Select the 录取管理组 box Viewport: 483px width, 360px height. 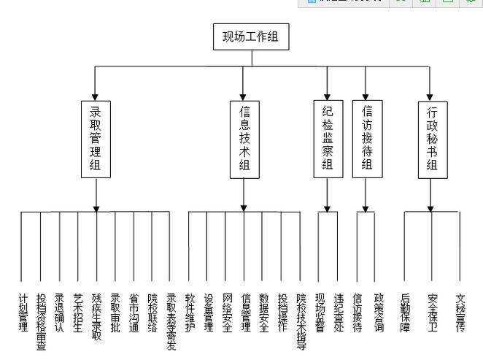(x=96, y=139)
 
